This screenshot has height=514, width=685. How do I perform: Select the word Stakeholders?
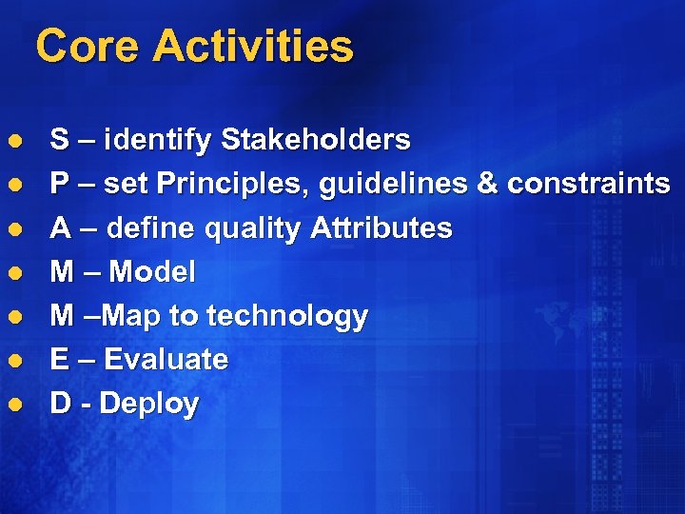pyautogui.click(x=315, y=141)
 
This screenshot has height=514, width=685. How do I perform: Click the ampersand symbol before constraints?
pyautogui.click(x=487, y=185)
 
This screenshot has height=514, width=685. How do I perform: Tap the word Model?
pyautogui.click(x=152, y=272)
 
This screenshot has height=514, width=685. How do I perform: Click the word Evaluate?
pyautogui.click(x=166, y=360)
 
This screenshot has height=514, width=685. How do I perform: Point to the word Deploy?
pyautogui.click(x=148, y=405)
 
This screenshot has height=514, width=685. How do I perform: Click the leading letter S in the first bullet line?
pyautogui.click(x=59, y=141)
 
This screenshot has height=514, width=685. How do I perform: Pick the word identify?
pyautogui.click(x=158, y=142)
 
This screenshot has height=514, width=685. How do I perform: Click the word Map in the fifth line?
pyautogui.click(x=129, y=317)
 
